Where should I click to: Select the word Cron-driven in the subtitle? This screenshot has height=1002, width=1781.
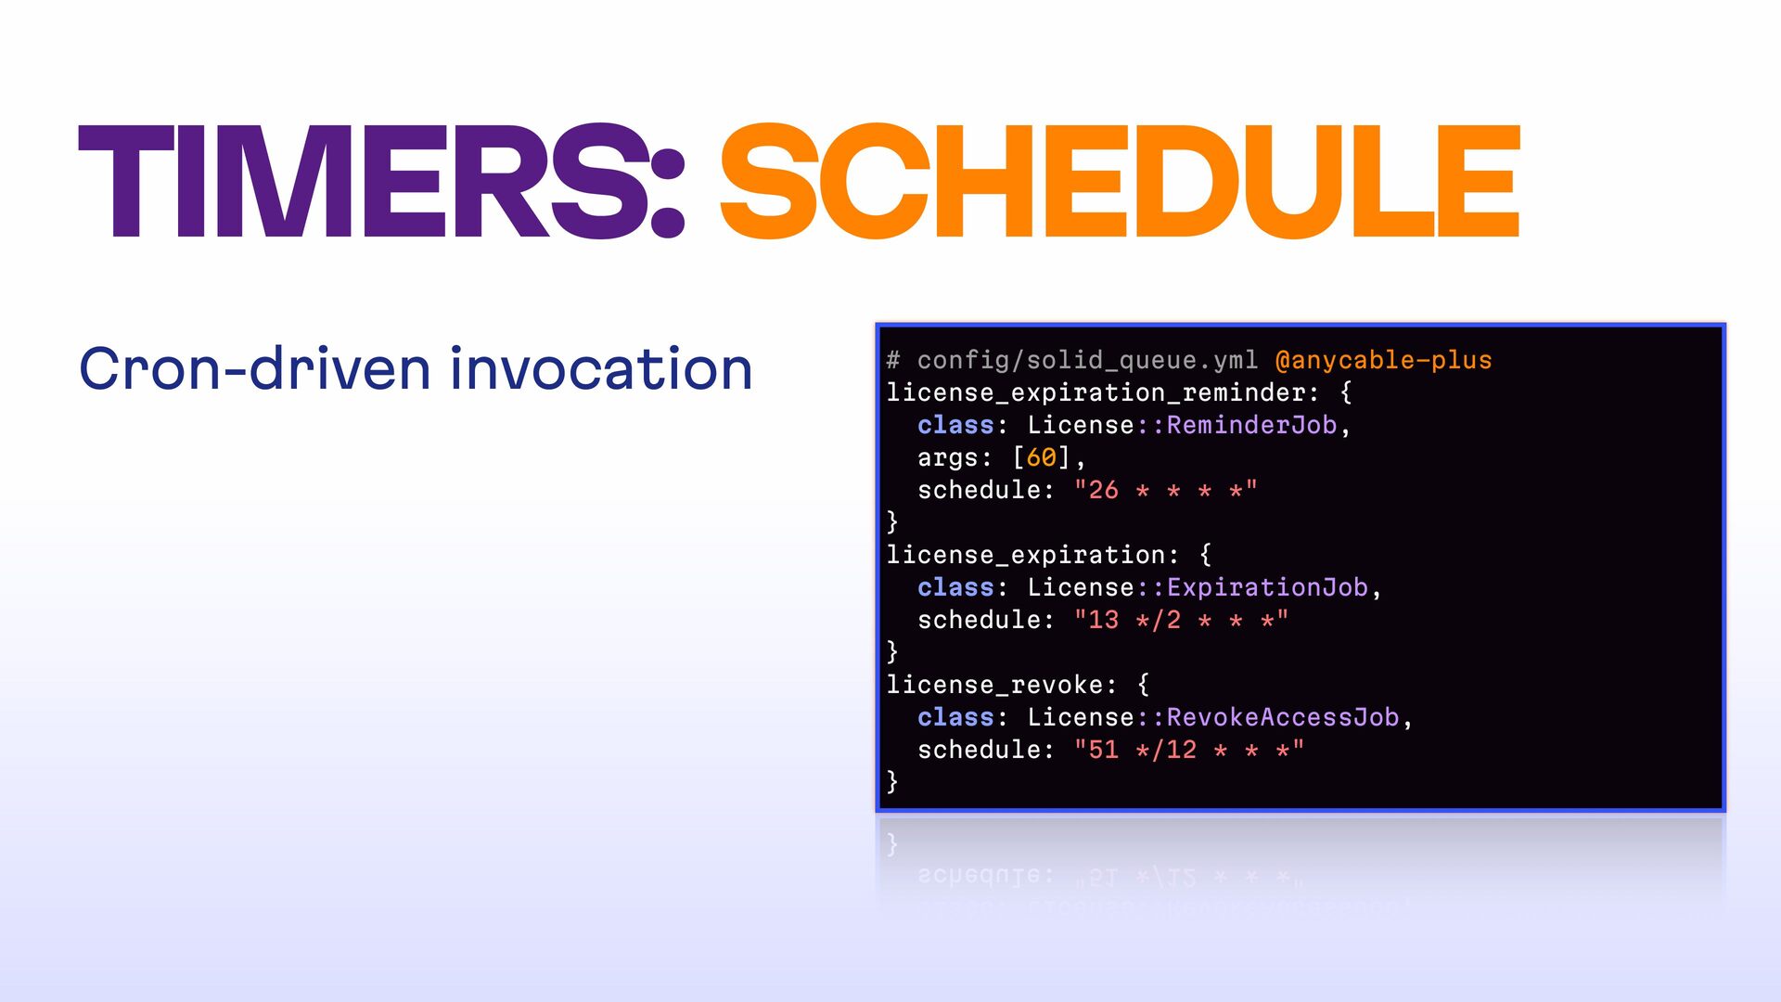[255, 368]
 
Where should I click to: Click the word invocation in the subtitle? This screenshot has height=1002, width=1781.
[601, 368]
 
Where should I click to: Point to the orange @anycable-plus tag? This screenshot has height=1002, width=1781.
[1383, 360]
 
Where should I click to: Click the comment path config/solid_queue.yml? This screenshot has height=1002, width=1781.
[1087, 360]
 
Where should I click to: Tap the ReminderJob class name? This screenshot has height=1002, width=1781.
[1251, 425]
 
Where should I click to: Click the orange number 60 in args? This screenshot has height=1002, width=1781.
[1041, 457]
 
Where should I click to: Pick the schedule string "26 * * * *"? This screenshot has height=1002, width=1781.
[1165, 489]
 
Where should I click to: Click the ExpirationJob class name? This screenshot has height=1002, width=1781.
[1267, 587]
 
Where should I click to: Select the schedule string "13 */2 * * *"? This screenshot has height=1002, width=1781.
[1181, 619]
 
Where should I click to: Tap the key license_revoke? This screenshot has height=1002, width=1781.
[993, 685]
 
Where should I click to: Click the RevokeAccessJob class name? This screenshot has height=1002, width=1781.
[1282, 717]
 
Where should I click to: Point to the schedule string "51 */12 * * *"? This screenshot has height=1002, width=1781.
[1188, 749]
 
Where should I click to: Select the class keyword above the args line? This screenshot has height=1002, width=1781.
[955, 425]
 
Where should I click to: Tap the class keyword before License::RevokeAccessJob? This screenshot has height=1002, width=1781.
[955, 717]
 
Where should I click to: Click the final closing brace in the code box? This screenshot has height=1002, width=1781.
[892, 781]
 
